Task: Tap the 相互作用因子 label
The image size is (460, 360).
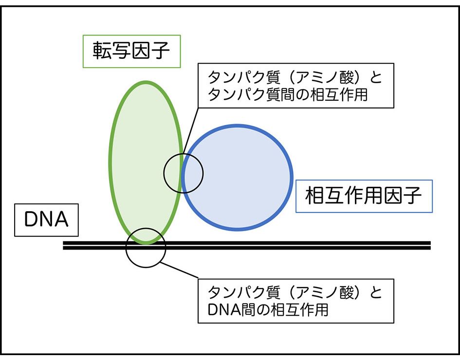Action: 364,197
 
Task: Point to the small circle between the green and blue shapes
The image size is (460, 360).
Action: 183,173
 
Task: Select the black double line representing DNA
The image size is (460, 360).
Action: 292,245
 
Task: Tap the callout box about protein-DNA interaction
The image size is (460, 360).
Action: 295,300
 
